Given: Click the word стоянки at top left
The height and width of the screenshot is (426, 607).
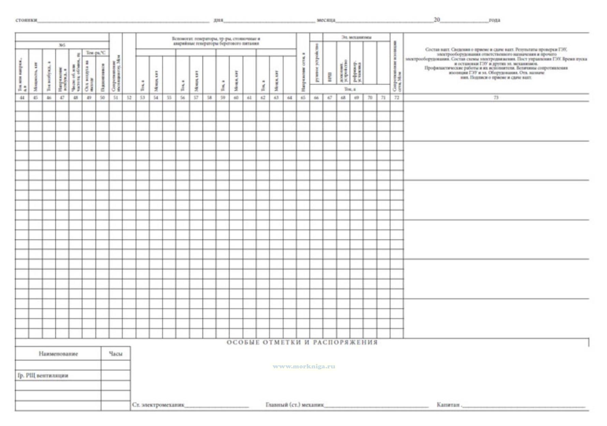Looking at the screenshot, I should point(26,20).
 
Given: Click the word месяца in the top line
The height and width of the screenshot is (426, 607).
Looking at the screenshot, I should point(326,20).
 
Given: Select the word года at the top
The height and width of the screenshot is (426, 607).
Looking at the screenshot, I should point(494,20).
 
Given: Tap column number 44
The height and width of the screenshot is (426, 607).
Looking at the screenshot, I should point(22,97).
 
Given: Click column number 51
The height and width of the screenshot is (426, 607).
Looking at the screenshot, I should point(116,97).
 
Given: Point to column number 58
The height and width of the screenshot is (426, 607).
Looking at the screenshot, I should point(209,97).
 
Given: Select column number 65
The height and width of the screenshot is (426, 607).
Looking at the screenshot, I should point(303,97).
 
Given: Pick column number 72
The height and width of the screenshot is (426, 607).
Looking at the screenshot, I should point(397,97).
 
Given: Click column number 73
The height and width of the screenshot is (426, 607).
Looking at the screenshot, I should point(496,97).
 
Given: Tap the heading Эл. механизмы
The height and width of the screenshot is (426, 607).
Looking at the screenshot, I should point(356,37).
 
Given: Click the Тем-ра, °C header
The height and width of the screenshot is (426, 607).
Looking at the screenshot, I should point(95,52).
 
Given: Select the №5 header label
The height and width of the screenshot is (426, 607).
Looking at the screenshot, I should point(62,45).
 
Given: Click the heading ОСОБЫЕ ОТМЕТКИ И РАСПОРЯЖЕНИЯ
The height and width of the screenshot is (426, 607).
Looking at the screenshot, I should point(302,343).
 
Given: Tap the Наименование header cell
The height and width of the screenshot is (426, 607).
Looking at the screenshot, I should point(58,354).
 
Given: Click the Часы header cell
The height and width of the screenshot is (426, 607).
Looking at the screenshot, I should point(115,354).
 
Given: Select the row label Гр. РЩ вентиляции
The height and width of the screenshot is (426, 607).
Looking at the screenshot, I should point(43,376).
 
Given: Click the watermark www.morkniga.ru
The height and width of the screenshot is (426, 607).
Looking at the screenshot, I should point(303,367).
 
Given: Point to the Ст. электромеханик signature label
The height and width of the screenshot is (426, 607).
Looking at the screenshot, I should point(158,405).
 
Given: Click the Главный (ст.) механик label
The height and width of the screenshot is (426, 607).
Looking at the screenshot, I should point(295,405).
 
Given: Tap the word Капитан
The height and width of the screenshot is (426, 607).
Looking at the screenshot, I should point(448,405).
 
